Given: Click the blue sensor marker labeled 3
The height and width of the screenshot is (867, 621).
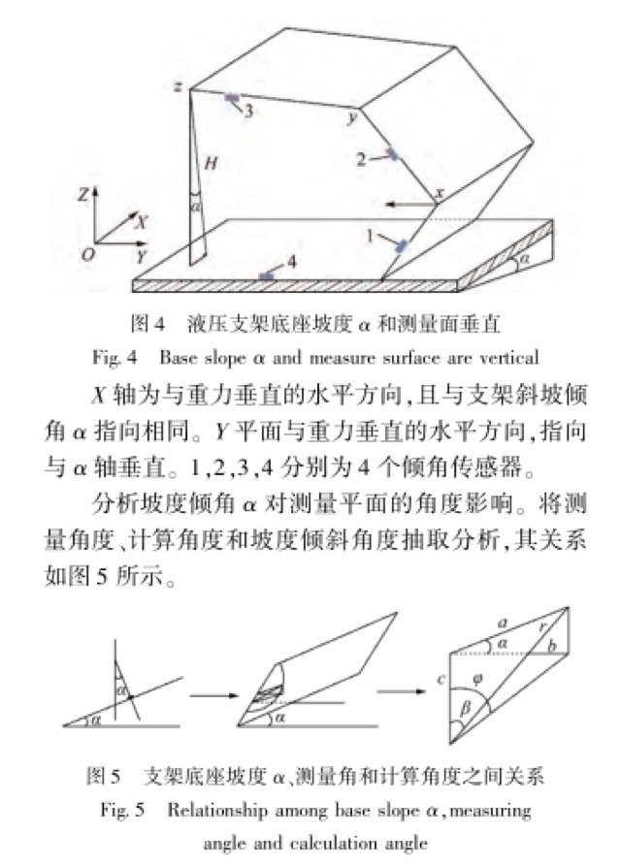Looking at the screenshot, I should [232, 98].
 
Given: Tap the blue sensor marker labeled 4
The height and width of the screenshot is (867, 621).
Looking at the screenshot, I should [266, 276].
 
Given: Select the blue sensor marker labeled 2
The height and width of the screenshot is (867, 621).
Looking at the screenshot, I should [392, 153].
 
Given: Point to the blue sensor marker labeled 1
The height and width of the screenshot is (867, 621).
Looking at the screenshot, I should [398, 247].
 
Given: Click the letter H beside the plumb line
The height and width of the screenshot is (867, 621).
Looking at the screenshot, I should [210, 165].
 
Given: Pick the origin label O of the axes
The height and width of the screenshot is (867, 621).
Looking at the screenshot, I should [88, 254].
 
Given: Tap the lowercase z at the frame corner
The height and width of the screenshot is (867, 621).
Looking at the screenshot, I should [180, 86].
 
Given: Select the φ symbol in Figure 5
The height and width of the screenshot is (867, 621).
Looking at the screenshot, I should [476, 677].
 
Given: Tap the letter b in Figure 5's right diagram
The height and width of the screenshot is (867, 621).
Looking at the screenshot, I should [550, 644].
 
